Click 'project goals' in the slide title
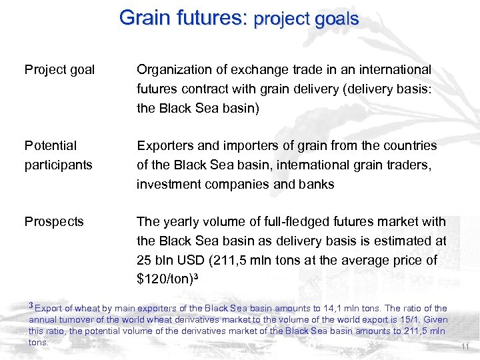306,19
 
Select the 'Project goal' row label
59,69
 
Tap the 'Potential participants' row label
58,155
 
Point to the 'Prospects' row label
54,221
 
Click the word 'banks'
317,184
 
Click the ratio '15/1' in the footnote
407,319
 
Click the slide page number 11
465,347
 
